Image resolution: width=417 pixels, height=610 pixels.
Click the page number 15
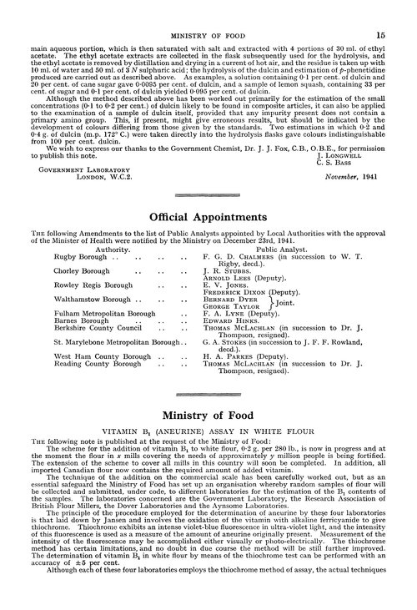click(379, 13)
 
